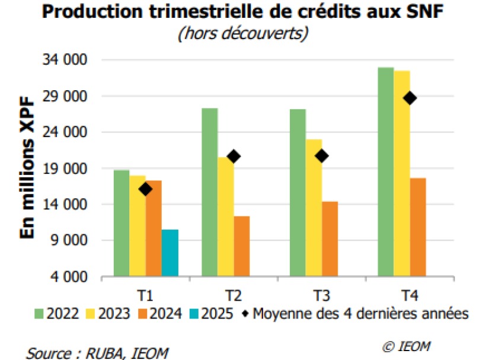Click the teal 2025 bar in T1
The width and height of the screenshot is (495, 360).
click(170, 253)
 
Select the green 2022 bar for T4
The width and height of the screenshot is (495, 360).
click(386, 172)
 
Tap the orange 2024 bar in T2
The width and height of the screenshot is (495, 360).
click(242, 246)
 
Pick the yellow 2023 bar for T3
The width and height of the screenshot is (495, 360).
click(314, 208)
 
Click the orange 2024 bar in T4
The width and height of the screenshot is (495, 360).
click(418, 227)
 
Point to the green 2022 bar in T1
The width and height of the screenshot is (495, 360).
click(122, 223)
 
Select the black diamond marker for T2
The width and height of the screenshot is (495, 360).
click(234, 157)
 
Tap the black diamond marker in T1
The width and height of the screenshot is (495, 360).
click(146, 189)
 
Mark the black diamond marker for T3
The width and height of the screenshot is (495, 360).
click(322, 156)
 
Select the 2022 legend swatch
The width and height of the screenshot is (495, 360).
click(40, 314)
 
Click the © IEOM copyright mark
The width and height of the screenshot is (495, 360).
click(407, 346)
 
